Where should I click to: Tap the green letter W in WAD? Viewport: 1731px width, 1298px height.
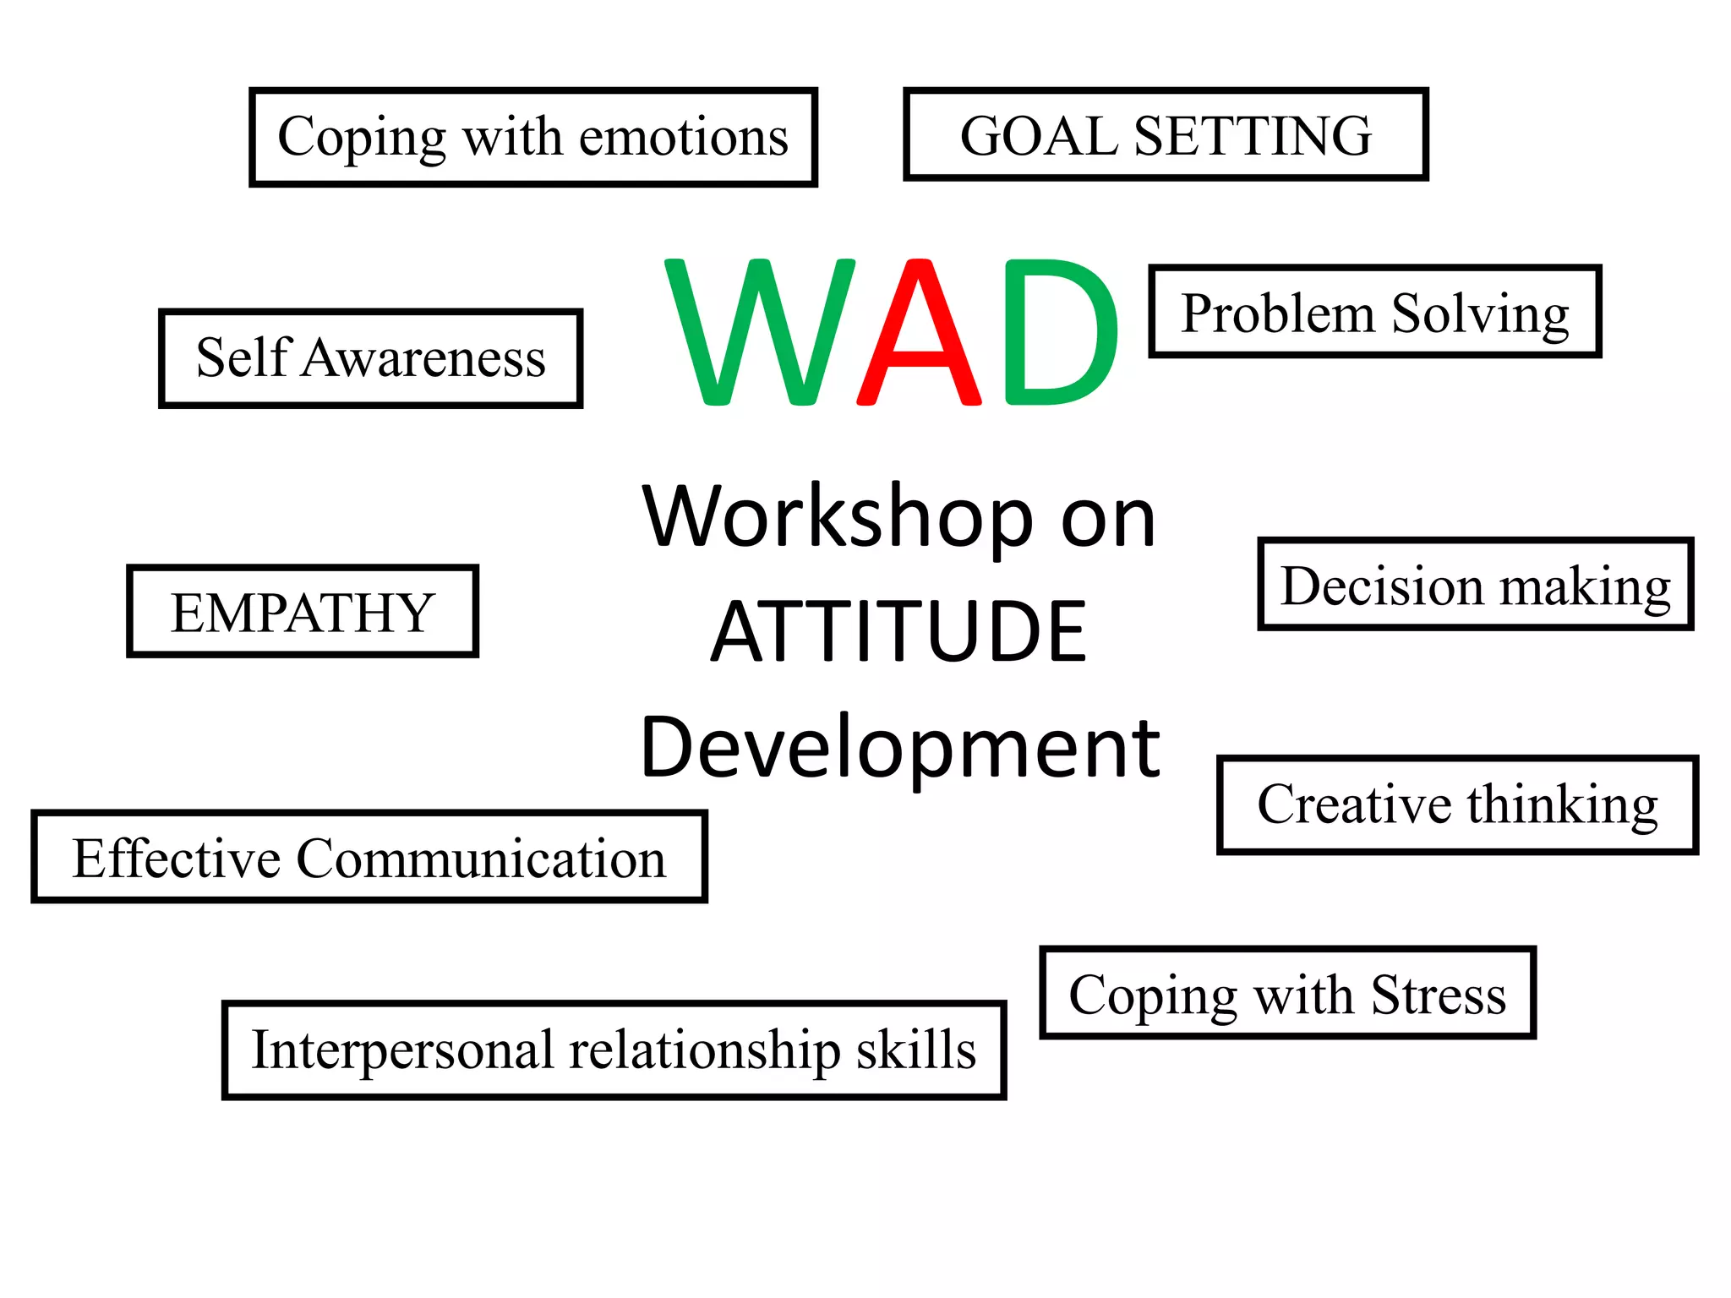click(x=761, y=334)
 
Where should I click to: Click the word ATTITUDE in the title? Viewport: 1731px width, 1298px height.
click(x=898, y=631)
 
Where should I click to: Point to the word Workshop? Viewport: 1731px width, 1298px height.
click(x=837, y=517)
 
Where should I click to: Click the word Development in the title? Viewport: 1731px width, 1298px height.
click(x=900, y=747)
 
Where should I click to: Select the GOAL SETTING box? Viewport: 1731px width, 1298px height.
click(x=1165, y=135)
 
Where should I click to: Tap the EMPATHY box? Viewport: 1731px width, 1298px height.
click(x=302, y=612)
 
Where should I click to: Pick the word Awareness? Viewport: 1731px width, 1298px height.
click(x=424, y=357)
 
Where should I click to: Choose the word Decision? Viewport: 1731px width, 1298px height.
click(x=1382, y=586)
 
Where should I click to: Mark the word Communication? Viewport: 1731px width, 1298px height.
click(x=481, y=859)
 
